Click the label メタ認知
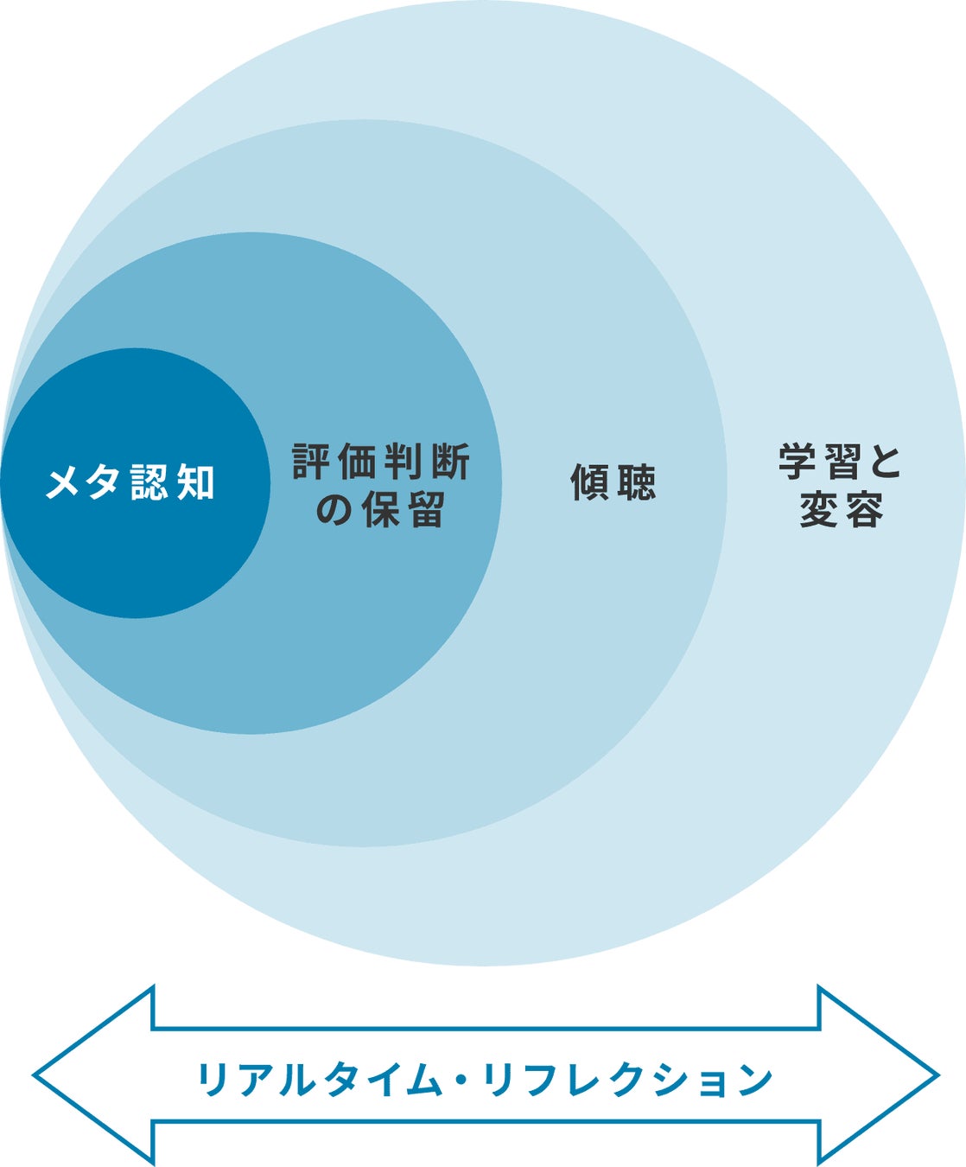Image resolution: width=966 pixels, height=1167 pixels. click(x=130, y=482)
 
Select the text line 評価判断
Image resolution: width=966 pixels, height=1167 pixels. click(x=381, y=462)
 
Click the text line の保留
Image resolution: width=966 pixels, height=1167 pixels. click(x=380, y=509)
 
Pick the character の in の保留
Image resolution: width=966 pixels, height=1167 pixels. click(x=334, y=510)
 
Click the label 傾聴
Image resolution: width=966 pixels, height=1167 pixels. click(x=613, y=482)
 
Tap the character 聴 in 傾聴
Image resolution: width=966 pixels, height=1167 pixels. click(x=637, y=482)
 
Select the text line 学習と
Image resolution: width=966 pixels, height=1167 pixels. click(x=840, y=462)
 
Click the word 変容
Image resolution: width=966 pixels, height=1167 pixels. click(x=841, y=509)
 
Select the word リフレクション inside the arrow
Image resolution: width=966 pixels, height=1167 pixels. click(x=627, y=1079)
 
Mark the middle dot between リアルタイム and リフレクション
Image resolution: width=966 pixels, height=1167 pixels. click(x=461, y=1079)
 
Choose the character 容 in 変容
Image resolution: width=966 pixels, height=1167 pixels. click(x=863, y=509)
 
